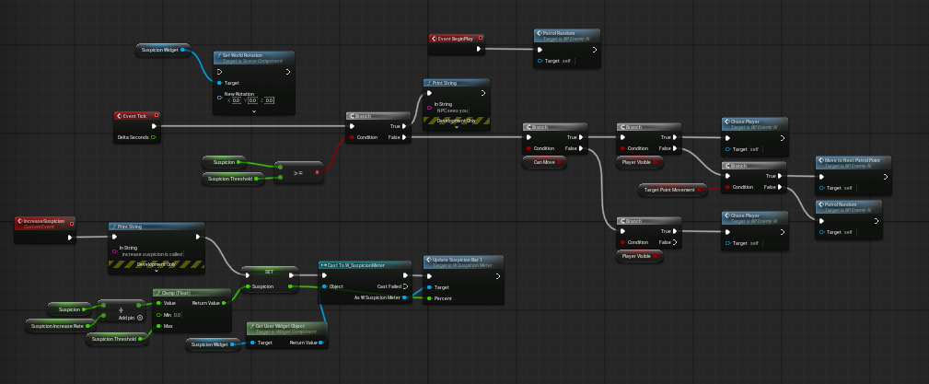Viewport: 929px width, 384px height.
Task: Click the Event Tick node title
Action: tap(136, 116)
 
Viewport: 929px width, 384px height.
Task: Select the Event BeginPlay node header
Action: tap(457, 39)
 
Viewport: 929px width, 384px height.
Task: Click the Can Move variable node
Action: tap(543, 161)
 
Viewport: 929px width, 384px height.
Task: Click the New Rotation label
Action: tap(239, 93)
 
